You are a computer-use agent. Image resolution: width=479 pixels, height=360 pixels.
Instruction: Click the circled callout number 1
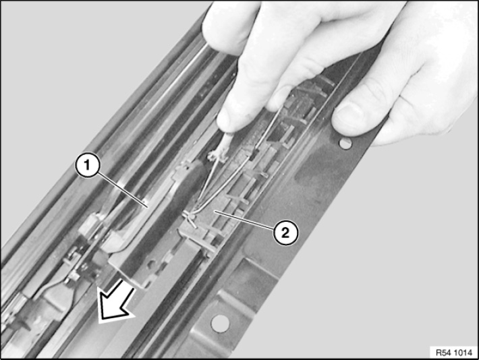(88, 165)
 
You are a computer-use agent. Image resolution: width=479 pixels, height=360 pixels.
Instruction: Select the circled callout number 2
(285, 233)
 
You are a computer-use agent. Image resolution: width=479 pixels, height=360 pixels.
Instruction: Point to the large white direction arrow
(117, 301)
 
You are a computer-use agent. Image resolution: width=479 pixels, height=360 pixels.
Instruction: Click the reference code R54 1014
(453, 353)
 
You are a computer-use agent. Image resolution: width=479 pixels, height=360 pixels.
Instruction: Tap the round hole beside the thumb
(345, 143)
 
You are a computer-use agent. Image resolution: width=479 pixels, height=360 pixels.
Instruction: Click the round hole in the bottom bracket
(220, 324)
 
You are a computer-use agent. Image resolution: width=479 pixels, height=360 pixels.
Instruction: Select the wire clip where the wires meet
(190, 217)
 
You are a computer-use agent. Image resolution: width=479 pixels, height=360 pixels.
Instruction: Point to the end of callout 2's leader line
(215, 211)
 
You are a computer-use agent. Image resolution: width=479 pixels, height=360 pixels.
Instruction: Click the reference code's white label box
(453, 353)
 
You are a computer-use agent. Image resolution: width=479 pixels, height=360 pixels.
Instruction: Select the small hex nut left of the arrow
(74, 277)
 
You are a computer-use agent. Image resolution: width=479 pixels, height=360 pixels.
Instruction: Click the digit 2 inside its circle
(285, 233)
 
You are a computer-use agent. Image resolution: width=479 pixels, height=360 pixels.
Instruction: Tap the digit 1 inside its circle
(88, 165)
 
